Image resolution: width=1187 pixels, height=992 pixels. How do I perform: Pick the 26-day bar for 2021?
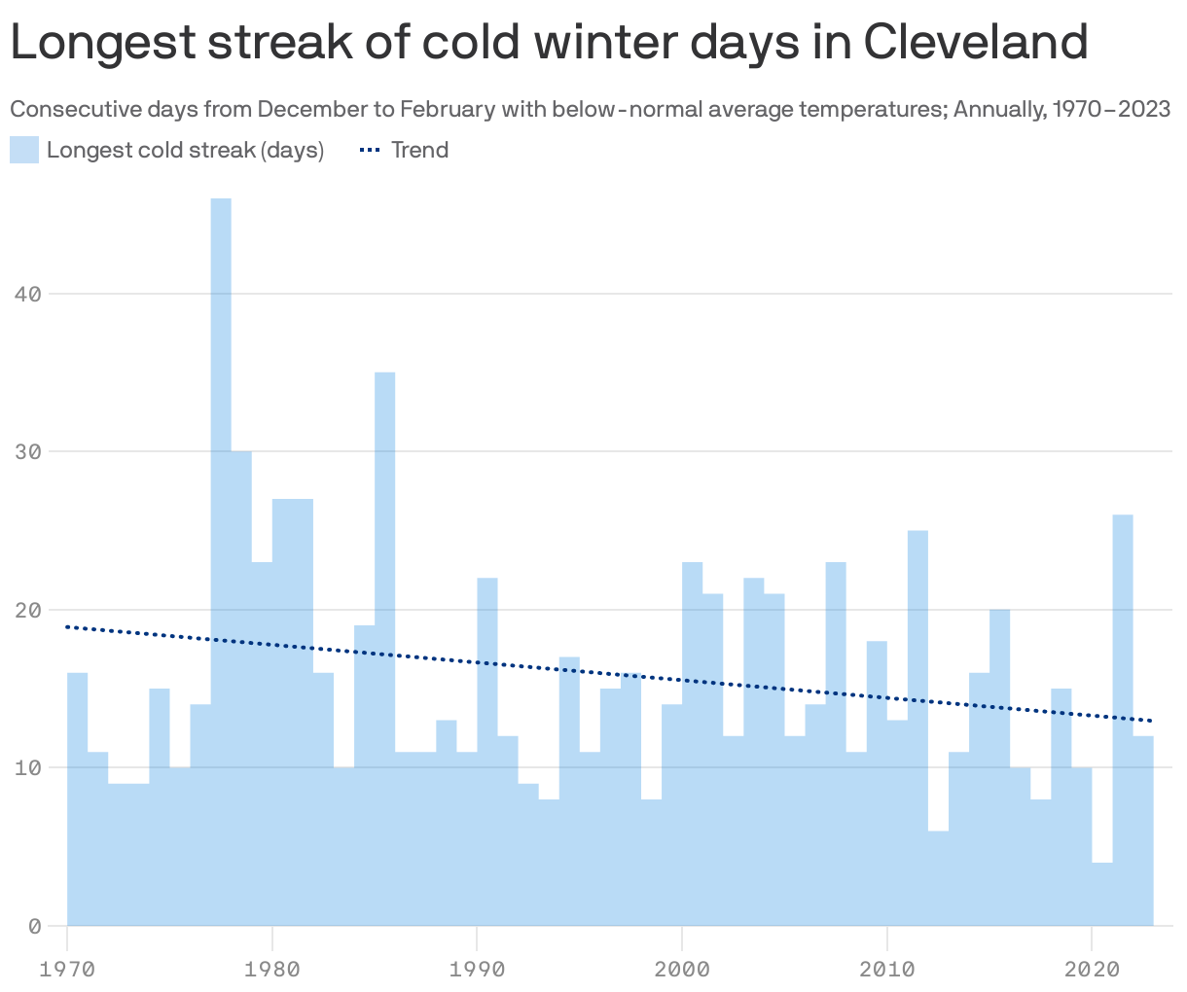[1122, 720]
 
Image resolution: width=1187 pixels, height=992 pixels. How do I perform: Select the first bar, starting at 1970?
[78, 798]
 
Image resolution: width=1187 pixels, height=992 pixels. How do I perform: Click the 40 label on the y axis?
[29, 294]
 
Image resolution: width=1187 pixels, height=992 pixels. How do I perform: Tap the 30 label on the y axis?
[29, 452]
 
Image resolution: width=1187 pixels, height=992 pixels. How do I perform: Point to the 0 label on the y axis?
[35, 926]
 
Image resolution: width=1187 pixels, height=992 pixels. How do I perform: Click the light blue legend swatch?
[24, 150]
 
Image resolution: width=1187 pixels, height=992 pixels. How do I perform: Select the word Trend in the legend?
[419, 150]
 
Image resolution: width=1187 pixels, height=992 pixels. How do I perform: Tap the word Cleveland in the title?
[975, 42]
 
